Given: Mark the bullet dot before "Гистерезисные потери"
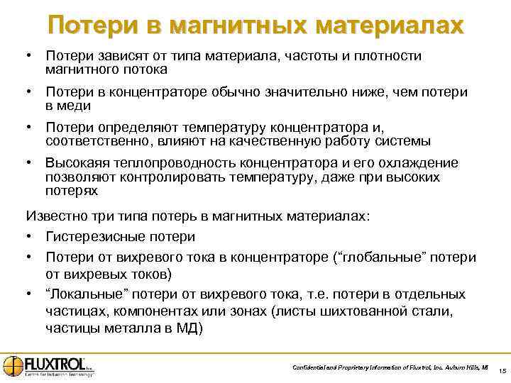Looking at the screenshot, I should pyautogui.click(x=29, y=236).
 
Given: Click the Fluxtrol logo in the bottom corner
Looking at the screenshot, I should pyautogui.click(x=48, y=365).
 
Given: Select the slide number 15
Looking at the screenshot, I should pyautogui.click(x=501, y=371).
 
